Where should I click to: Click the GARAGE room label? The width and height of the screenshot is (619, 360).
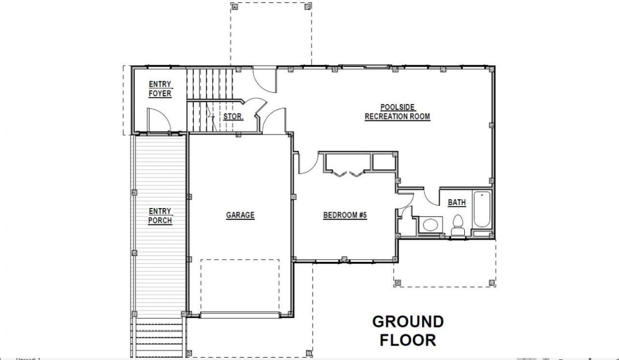click(x=240, y=215)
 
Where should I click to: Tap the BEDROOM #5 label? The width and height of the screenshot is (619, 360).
click(x=345, y=215)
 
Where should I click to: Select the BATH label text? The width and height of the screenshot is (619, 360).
click(x=457, y=203)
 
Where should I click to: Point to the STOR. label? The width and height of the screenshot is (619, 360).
click(x=233, y=117)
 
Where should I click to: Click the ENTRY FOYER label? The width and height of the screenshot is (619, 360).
click(x=160, y=89)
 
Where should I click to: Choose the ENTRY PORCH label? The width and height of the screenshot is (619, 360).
click(x=160, y=216)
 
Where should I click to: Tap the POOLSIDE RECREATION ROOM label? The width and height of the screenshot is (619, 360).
click(x=398, y=112)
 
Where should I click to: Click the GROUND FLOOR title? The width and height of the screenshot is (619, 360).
click(x=408, y=330)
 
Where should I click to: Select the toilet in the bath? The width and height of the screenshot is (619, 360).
click(x=458, y=225)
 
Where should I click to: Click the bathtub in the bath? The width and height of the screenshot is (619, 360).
click(x=482, y=210)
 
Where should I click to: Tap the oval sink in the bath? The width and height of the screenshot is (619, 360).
click(x=430, y=225)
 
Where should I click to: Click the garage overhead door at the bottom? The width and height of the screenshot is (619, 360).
click(x=240, y=315)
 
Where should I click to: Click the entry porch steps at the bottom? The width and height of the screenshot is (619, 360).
click(x=159, y=338)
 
